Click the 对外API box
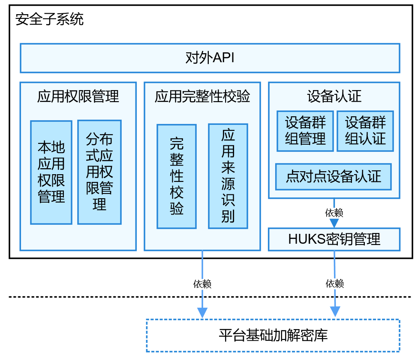210,58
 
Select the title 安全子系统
50,19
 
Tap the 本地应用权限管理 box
51,172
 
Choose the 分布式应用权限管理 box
99,172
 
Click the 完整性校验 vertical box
177,176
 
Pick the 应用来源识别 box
228,176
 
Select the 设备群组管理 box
305,131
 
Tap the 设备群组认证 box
365,131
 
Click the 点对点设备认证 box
333,177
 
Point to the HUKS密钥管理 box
334,239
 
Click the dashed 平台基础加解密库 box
273,336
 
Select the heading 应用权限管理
78,97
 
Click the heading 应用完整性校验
202,97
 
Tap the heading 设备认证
334,97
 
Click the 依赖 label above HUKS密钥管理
334,213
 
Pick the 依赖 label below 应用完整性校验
202,284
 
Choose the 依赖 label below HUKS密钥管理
335,284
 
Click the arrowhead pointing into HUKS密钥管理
334,223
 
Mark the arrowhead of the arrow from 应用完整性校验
202,312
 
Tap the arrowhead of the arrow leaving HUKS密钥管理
335,312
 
